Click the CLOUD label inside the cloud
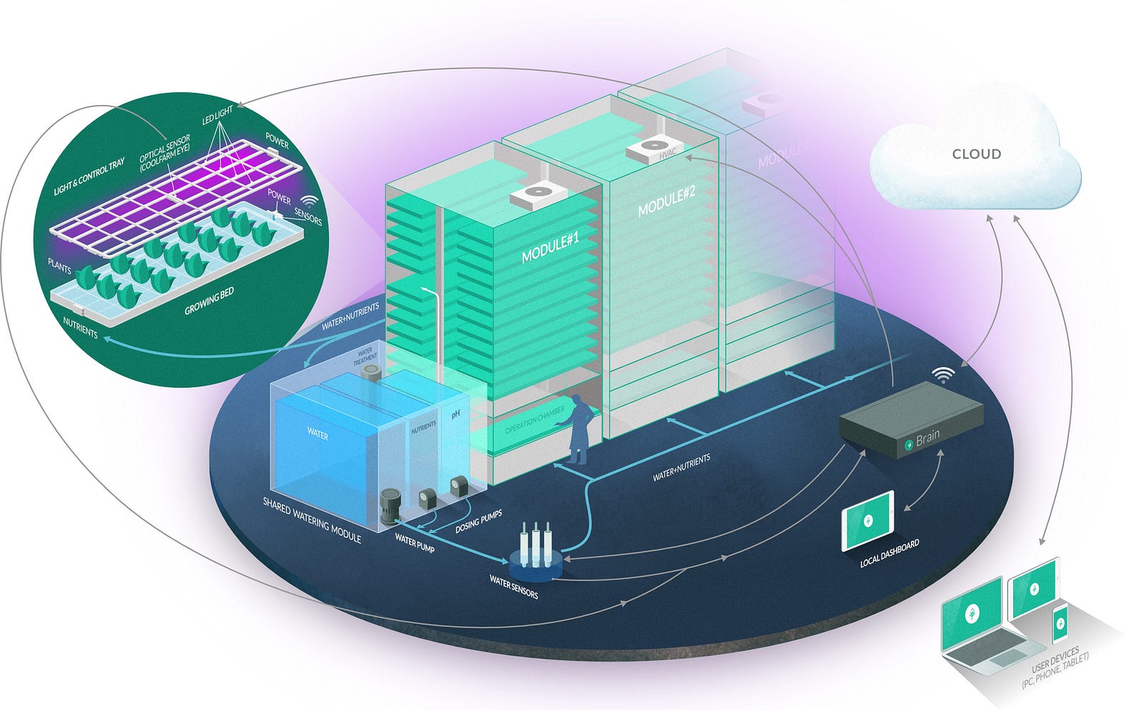[976, 154]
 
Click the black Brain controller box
[912, 420]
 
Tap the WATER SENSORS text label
[513, 586]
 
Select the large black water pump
[391, 508]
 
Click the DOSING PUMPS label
[478, 522]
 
